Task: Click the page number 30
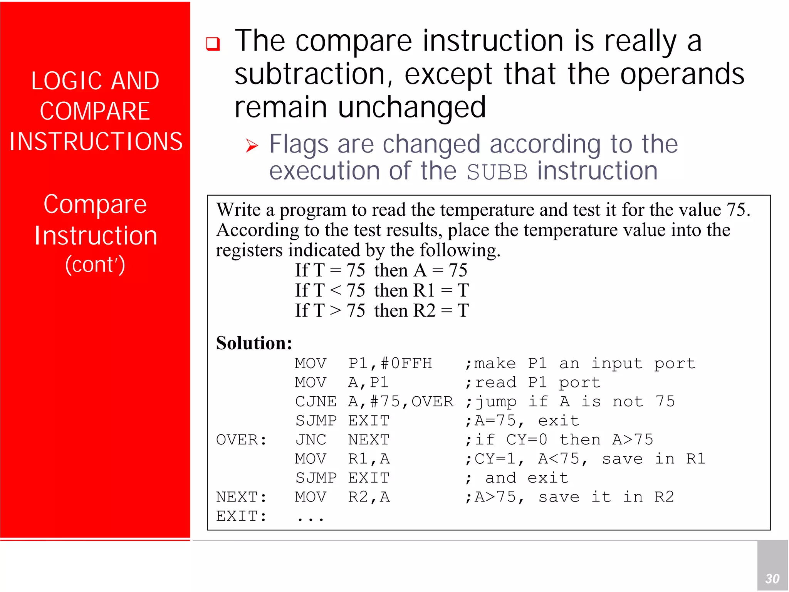[x=772, y=579]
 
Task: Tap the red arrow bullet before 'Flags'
[x=252, y=146]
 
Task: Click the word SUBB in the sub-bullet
[x=497, y=172]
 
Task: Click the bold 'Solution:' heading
[x=254, y=342]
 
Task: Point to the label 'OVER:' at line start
[x=241, y=439]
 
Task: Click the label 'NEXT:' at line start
[x=241, y=497]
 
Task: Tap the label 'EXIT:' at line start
[x=241, y=516]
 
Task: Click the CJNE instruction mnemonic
[x=316, y=401]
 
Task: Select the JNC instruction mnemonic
[x=311, y=439]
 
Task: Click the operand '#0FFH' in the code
[x=406, y=363]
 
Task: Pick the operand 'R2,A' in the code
[x=369, y=497]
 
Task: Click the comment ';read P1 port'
[x=532, y=382]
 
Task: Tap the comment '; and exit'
[x=517, y=478]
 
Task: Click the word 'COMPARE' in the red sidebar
[x=95, y=111]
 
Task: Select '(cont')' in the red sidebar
[x=95, y=265]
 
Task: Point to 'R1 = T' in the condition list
[x=441, y=290]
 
